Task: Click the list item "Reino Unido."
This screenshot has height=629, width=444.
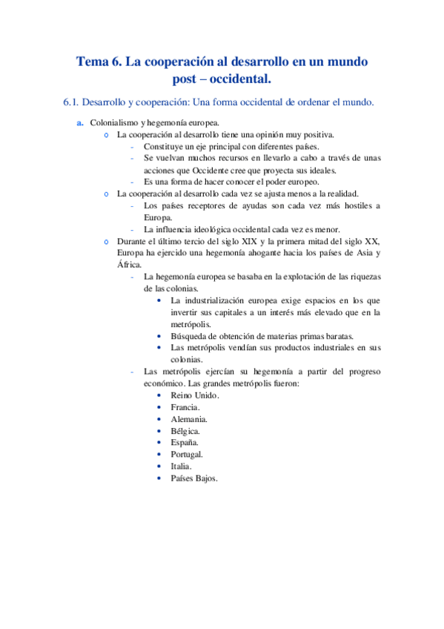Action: point(194,395)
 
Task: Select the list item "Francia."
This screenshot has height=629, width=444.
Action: point(185,407)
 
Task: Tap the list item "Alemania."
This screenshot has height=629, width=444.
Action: point(188,419)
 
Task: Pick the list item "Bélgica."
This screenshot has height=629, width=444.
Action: point(185,431)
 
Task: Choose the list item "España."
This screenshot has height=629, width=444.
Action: point(185,443)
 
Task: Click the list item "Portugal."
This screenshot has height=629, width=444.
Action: point(187,455)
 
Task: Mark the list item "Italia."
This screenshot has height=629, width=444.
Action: point(181,467)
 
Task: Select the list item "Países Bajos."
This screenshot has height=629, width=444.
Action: point(194,478)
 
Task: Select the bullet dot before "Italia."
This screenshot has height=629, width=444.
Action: point(160,467)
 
